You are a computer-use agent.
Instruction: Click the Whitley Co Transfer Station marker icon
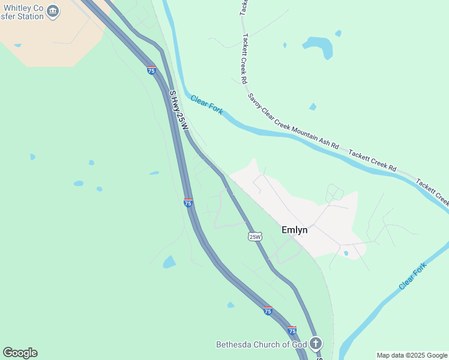click(x=53, y=11)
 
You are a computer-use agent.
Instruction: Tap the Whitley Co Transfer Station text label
click(x=22, y=12)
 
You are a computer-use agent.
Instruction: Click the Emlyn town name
click(x=294, y=230)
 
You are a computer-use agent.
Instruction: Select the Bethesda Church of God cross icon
click(x=316, y=344)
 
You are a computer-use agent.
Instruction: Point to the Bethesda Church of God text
click(x=261, y=344)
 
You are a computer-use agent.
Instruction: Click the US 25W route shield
click(x=255, y=236)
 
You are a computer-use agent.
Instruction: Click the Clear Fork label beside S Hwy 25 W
click(x=207, y=104)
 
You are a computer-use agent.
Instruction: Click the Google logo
click(x=20, y=353)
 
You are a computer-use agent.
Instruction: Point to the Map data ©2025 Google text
click(x=412, y=355)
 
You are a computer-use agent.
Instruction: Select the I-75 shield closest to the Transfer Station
click(x=151, y=70)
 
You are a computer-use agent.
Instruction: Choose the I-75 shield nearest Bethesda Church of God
click(x=292, y=331)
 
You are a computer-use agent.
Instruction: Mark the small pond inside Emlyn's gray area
click(x=346, y=253)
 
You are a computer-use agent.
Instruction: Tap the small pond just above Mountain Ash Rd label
click(x=312, y=107)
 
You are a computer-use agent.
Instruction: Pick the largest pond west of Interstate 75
click(x=169, y=262)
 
